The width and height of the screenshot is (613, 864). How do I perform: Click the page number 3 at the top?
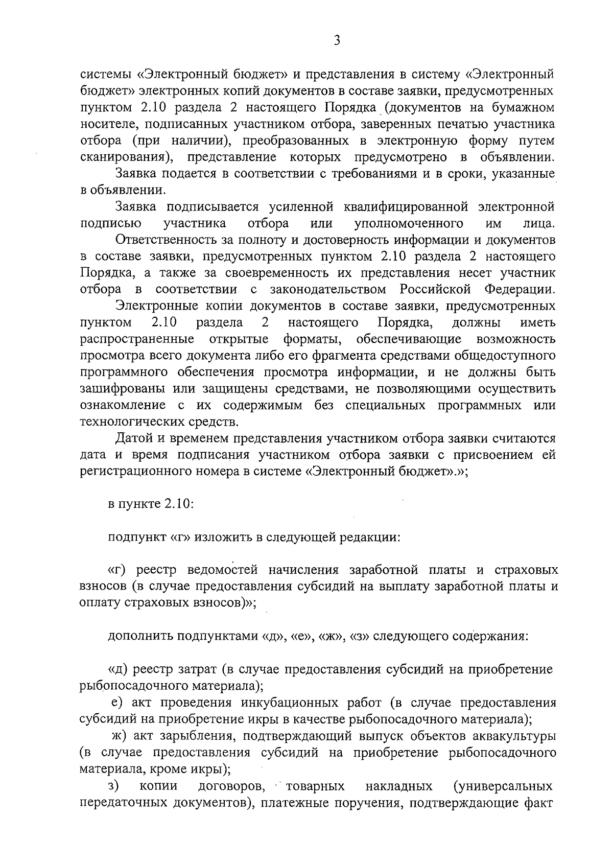tap(337, 40)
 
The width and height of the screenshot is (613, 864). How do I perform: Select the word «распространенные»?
tap(137, 339)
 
